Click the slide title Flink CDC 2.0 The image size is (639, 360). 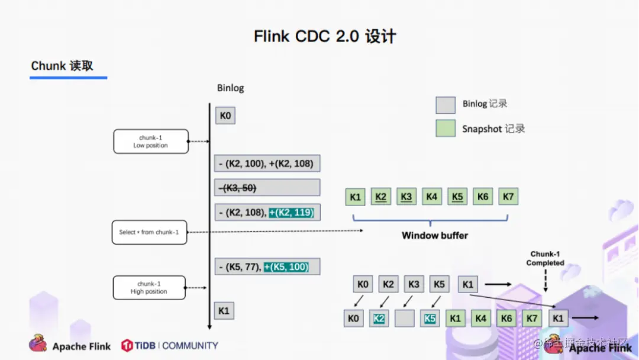click(325, 37)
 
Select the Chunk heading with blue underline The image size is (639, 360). click(62, 66)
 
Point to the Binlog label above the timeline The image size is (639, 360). click(230, 88)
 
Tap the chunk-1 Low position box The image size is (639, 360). click(151, 142)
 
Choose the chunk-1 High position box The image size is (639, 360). click(149, 288)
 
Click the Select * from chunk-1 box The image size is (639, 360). click(149, 232)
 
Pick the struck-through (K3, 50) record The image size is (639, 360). click(267, 188)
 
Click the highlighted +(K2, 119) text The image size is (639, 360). click(292, 212)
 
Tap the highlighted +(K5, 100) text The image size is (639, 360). click(286, 266)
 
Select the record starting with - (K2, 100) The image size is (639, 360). click(267, 163)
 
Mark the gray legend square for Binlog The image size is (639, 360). click(445, 105)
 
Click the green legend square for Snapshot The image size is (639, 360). click(445, 128)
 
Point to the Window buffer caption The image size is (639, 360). click(434, 236)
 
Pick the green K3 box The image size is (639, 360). click(406, 197)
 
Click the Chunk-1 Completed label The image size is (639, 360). click(545, 259)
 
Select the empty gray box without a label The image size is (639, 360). click(405, 319)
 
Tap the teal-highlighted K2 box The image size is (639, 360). click(379, 319)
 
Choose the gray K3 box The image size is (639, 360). click(414, 284)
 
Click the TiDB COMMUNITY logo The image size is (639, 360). click(170, 345)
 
